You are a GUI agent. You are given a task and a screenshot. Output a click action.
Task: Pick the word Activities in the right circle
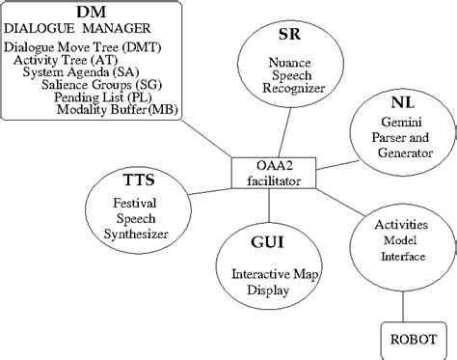[400, 224]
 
